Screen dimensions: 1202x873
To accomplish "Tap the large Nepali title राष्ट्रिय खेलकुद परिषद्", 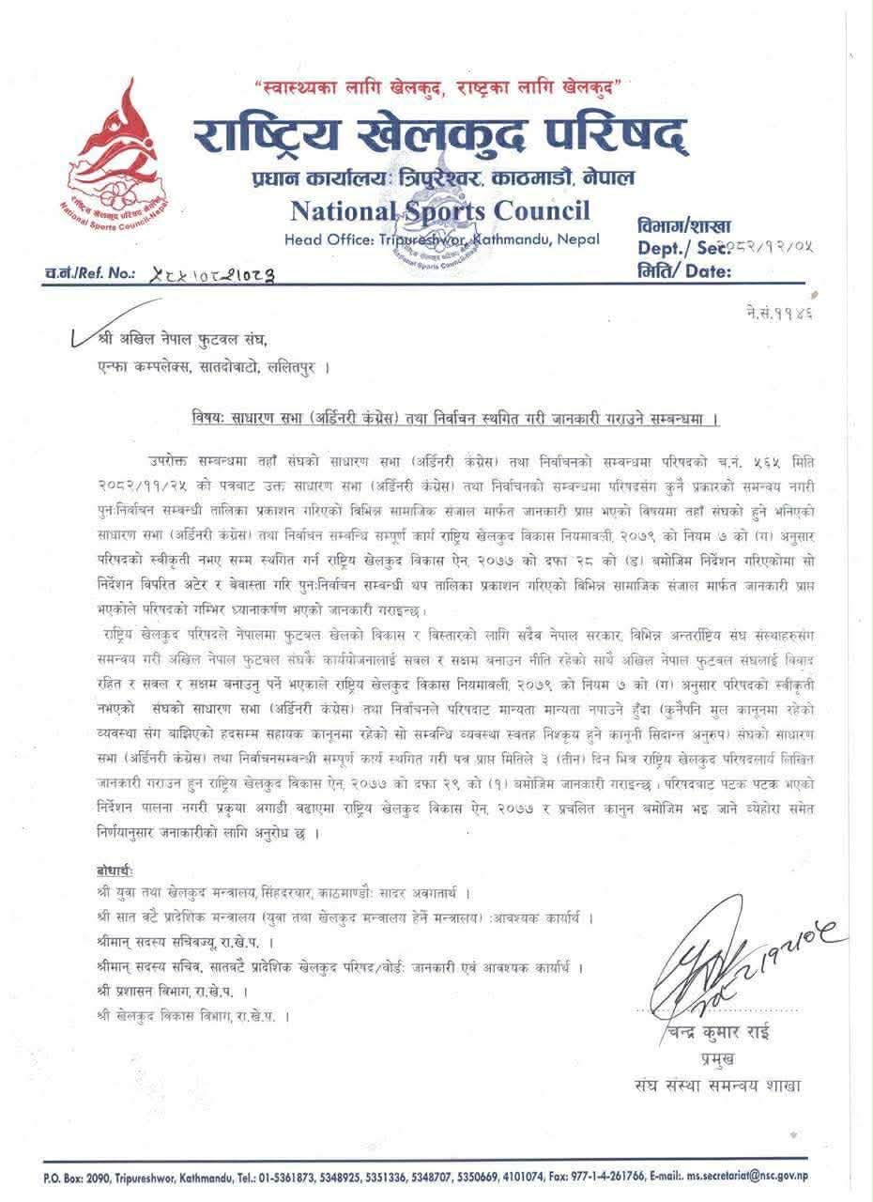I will coord(439,138).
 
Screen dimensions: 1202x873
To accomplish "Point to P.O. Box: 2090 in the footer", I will coord(81,1176).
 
